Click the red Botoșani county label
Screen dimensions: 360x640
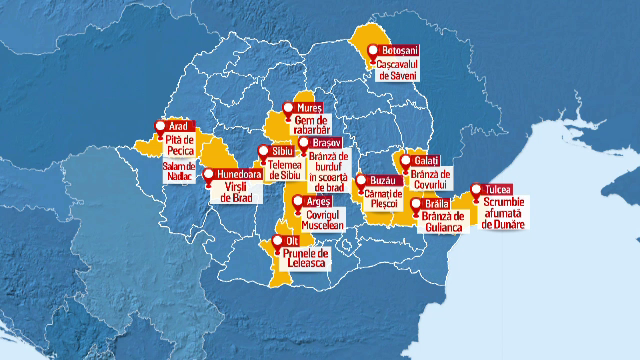399,50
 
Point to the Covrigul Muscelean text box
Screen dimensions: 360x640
323,220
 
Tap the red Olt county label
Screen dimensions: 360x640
292,241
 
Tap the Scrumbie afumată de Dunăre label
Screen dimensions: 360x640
503,214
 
